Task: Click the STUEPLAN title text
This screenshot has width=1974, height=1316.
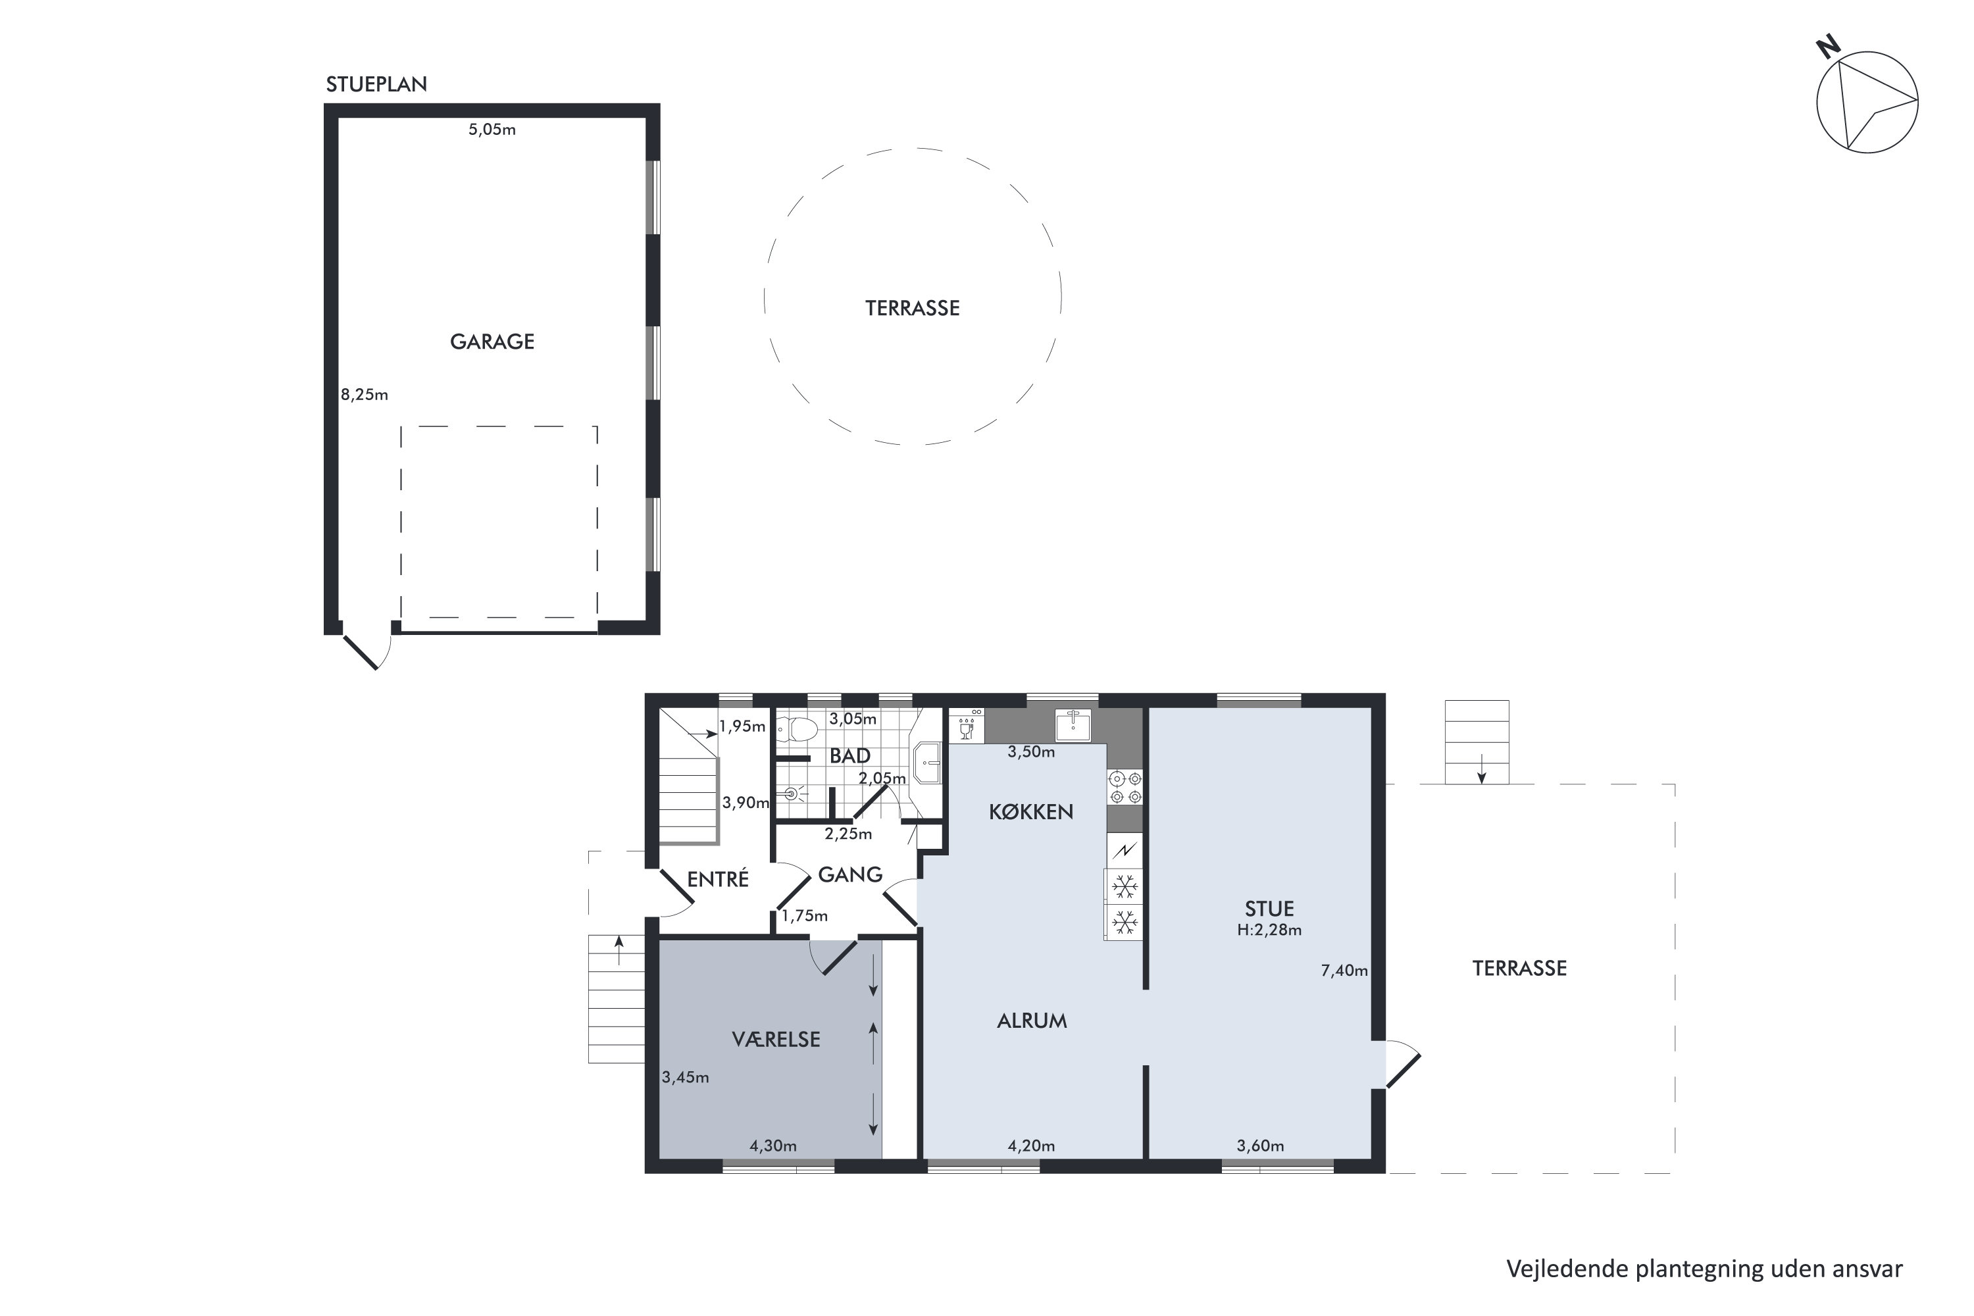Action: [x=376, y=85]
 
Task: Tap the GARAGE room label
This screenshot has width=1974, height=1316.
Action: [x=492, y=342]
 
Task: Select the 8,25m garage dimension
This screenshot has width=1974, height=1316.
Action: [x=365, y=394]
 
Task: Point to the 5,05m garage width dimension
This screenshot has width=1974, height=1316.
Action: [x=492, y=129]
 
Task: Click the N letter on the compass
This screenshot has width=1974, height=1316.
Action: [x=1828, y=47]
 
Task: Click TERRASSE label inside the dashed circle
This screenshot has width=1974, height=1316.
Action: [x=912, y=308]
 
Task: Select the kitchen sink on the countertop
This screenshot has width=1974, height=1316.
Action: [x=1073, y=725]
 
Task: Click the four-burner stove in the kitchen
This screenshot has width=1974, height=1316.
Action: [x=1125, y=787]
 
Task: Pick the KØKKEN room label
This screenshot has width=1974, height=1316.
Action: [x=1030, y=811]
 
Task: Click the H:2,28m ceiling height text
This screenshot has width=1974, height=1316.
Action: [x=1269, y=930]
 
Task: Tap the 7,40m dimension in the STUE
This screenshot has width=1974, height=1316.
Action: [x=1344, y=970]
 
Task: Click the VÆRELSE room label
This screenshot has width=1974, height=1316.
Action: [x=776, y=1039]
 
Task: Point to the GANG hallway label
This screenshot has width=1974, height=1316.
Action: [x=850, y=874]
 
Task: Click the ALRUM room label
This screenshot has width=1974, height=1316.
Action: [x=1032, y=1021]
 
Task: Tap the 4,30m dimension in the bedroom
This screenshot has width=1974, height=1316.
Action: [x=773, y=1146]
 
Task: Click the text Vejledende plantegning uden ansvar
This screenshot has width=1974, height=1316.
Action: [x=1704, y=1268]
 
